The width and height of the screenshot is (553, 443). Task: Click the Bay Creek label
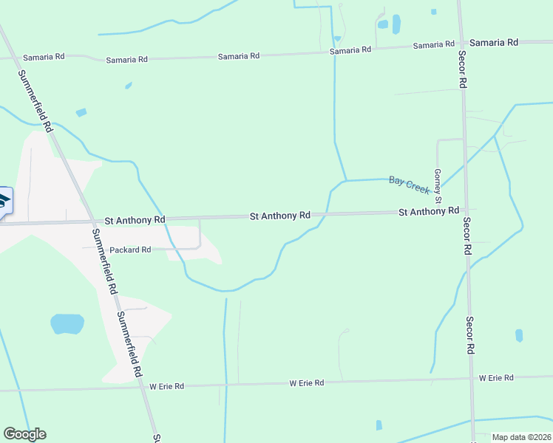tap(410, 185)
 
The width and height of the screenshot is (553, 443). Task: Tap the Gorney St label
tap(438, 186)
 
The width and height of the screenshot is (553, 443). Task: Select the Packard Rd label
tap(130, 250)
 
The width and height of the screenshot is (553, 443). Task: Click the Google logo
tap(24, 434)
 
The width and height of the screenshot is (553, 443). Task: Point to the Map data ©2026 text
tap(521, 437)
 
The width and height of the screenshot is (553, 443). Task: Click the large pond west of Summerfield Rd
tap(67, 323)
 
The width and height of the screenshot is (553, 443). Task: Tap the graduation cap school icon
tap(4, 201)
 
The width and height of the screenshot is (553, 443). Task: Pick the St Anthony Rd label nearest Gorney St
tap(429, 211)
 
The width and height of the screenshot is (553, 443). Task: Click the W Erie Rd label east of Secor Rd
tap(495, 377)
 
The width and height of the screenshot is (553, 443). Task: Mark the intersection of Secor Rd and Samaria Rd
tap(460, 43)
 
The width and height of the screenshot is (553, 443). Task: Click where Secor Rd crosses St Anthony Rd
tap(466, 212)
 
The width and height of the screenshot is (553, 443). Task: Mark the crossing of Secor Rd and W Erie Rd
tap(472, 380)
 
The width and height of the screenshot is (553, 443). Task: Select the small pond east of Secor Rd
tap(519, 335)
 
